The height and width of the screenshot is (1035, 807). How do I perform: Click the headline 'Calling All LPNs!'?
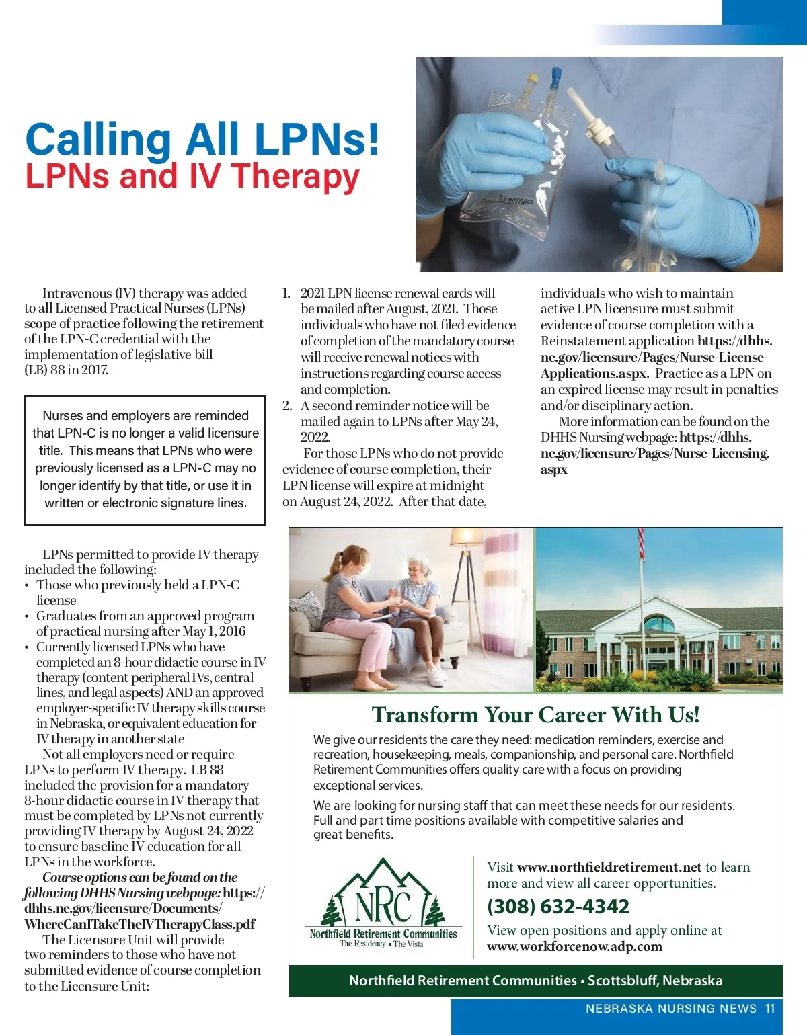click(202, 138)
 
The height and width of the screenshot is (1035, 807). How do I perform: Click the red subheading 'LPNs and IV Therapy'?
click(192, 176)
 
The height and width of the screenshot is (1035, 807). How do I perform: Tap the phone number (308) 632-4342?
click(558, 907)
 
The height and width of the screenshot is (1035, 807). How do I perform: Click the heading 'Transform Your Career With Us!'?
click(535, 714)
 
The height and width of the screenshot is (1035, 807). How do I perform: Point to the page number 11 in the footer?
click(770, 1008)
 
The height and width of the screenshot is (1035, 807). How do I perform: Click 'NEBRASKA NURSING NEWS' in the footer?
click(671, 1008)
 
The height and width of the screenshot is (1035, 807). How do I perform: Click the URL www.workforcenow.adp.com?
click(574, 946)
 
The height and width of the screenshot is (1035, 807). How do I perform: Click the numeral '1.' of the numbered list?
click(286, 293)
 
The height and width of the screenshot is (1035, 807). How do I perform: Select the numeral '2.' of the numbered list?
click(287, 405)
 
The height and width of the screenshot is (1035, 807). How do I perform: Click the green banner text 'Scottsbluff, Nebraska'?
click(655, 980)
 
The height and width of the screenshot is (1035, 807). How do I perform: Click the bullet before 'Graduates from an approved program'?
click(26, 616)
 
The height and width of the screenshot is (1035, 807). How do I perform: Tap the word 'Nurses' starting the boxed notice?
click(63, 415)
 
